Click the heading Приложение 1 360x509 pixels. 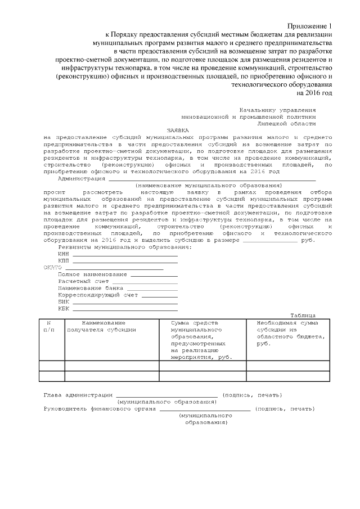tap(310, 26)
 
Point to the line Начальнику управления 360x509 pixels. tap(277, 109)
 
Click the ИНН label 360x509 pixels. tap(64, 254)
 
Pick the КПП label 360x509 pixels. tap(64, 261)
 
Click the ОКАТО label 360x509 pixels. tap(52, 268)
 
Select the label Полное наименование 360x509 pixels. tap(92, 274)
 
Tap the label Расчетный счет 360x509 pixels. tap(83, 281)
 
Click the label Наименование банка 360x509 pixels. tap(90, 288)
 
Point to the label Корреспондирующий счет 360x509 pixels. tap(98, 295)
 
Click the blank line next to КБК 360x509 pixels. tap(125, 309)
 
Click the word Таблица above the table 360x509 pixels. tap(303, 316)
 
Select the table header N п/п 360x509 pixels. tap(49, 326)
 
